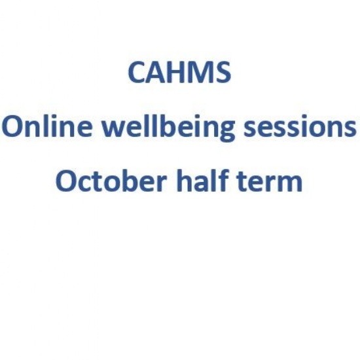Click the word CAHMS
click(x=179, y=73)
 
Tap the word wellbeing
click(x=168, y=128)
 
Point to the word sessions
click(x=300, y=128)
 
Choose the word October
click(x=111, y=181)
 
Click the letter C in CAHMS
click(x=137, y=73)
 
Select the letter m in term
click(x=289, y=183)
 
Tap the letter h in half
click(x=185, y=180)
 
